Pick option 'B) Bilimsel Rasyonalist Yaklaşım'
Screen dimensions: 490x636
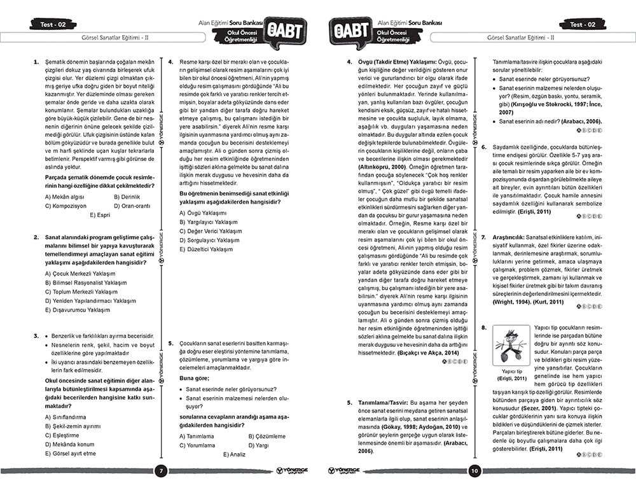coord(86,283)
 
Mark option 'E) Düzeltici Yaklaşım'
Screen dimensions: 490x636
coord(206,249)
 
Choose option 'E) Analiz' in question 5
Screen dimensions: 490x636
coord(234,454)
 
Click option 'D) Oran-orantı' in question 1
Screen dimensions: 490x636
coord(132,206)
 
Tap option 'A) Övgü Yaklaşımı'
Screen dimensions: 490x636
coord(202,213)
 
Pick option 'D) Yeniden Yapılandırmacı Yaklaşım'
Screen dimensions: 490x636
coord(90,301)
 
